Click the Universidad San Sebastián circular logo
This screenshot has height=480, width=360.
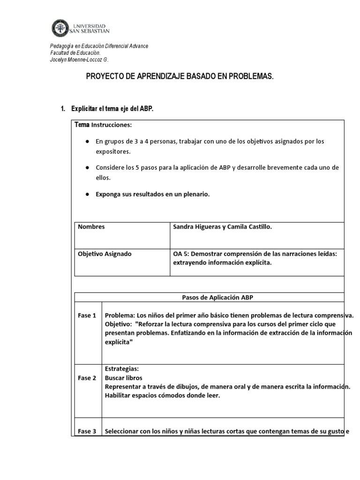pos(60,28)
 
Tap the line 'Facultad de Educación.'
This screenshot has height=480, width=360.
pos(75,53)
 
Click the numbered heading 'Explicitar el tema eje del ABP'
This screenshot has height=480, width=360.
pos(112,109)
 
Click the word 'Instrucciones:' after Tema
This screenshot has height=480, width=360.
pos(112,125)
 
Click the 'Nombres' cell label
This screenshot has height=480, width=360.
pos(91,227)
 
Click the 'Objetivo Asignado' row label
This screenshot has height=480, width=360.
pos(105,254)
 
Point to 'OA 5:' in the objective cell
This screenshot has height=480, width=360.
pos(182,254)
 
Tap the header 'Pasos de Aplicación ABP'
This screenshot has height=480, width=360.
pos(217,297)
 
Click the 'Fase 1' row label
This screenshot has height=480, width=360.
pos(87,315)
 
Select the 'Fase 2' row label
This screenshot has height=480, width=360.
pos(87,378)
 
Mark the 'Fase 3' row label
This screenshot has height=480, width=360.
pos(87,432)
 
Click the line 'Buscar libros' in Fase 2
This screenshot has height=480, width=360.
pos(124,378)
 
